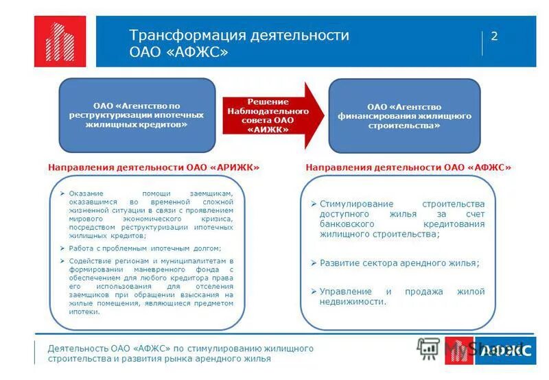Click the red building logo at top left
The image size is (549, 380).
pyautogui.click(x=60, y=41)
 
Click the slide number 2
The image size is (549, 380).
pyautogui.click(x=493, y=37)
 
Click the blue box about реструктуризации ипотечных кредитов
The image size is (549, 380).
pyautogui.click(x=137, y=115)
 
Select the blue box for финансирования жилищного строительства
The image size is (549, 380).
pyautogui.click(x=404, y=116)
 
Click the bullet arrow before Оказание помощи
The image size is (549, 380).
pyautogui.click(x=62, y=194)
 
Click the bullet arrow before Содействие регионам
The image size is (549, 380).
pyautogui.click(x=62, y=261)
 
